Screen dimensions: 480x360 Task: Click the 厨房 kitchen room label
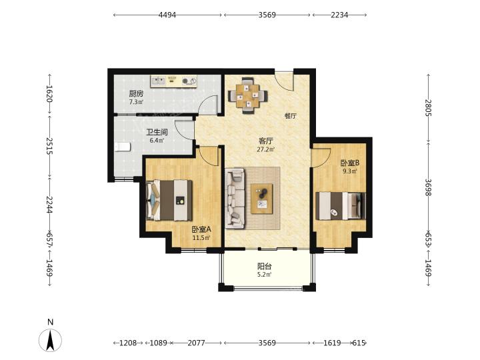click(135, 93)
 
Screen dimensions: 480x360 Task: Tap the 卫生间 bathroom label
click(157, 132)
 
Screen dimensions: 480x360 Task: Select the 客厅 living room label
click(265, 141)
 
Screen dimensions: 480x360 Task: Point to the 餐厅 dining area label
click(290, 116)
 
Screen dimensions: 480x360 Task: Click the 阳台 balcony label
click(264, 266)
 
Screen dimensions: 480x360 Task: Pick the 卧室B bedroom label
click(350, 163)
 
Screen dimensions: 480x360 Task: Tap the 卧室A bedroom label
click(201, 229)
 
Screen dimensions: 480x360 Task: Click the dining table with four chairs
click(248, 95)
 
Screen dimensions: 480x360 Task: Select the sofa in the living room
click(235, 199)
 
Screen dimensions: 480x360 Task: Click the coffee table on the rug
click(262, 199)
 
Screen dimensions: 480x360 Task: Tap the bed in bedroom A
click(169, 200)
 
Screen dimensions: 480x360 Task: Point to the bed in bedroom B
click(341, 206)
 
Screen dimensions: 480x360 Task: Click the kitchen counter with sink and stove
click(173, 81)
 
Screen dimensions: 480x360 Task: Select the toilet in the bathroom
click(123, 147)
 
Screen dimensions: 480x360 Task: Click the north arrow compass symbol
click(51, 339)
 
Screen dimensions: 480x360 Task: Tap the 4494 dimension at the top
click(167, 15)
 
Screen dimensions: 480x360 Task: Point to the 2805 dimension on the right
click(428, 108)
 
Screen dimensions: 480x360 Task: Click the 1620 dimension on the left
click(49, 94)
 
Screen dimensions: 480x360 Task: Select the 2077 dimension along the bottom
click(196, 343)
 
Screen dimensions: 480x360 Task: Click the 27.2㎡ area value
click(265, 150)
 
